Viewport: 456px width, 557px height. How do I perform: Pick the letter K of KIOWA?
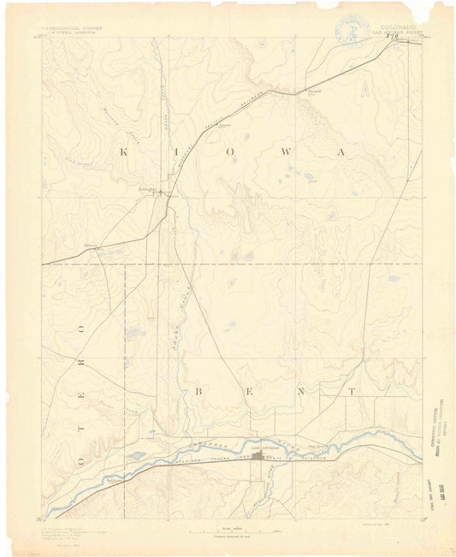125,151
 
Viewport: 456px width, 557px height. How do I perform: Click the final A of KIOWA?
341,151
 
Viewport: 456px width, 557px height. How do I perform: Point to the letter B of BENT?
199,390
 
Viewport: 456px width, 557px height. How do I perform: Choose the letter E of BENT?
251,390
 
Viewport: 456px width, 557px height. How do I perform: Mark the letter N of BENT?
300,390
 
